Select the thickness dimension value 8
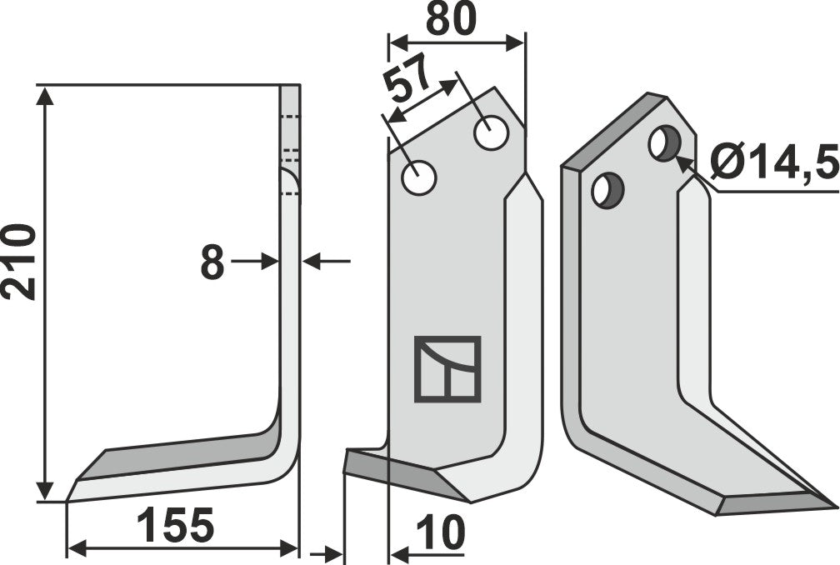(x=212, y=264)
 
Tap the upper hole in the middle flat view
(x=492, y=133)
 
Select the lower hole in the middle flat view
(x=418, y=177)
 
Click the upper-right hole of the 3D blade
(x=662, y=143)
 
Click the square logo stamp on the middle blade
(x=447, y=369)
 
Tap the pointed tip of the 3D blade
(x=833, y=503)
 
